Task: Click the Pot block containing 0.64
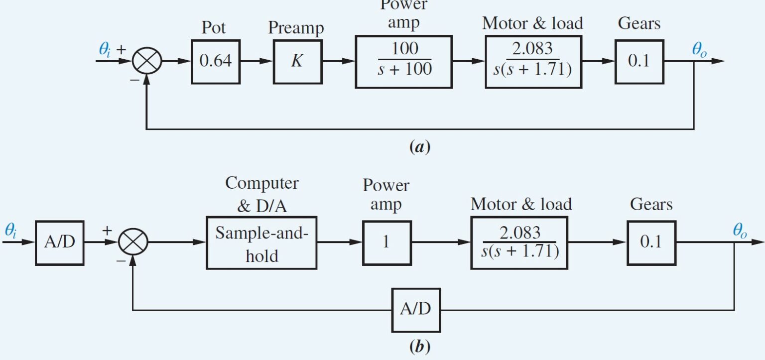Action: pos(215,62)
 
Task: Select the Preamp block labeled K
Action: pos(297,62)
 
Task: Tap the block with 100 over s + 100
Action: pos(403,62)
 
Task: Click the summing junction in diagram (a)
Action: pos(146,62)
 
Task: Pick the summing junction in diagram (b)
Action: pos(133,242)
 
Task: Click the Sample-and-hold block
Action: pos(261,243)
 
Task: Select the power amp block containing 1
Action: pos(386,243)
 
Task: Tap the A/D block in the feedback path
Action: pos(415,310)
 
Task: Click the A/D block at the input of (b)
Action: pos(59,242)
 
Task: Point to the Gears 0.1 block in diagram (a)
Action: pos(638,62)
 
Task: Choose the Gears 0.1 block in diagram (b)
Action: pos(651,242)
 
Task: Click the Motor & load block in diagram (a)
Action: pos(533,62)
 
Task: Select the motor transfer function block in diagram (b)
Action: pos(520,242)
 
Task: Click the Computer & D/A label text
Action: pos(261,194)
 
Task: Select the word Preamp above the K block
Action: pos(295,28)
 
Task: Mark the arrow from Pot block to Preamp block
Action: pos(256,62)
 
